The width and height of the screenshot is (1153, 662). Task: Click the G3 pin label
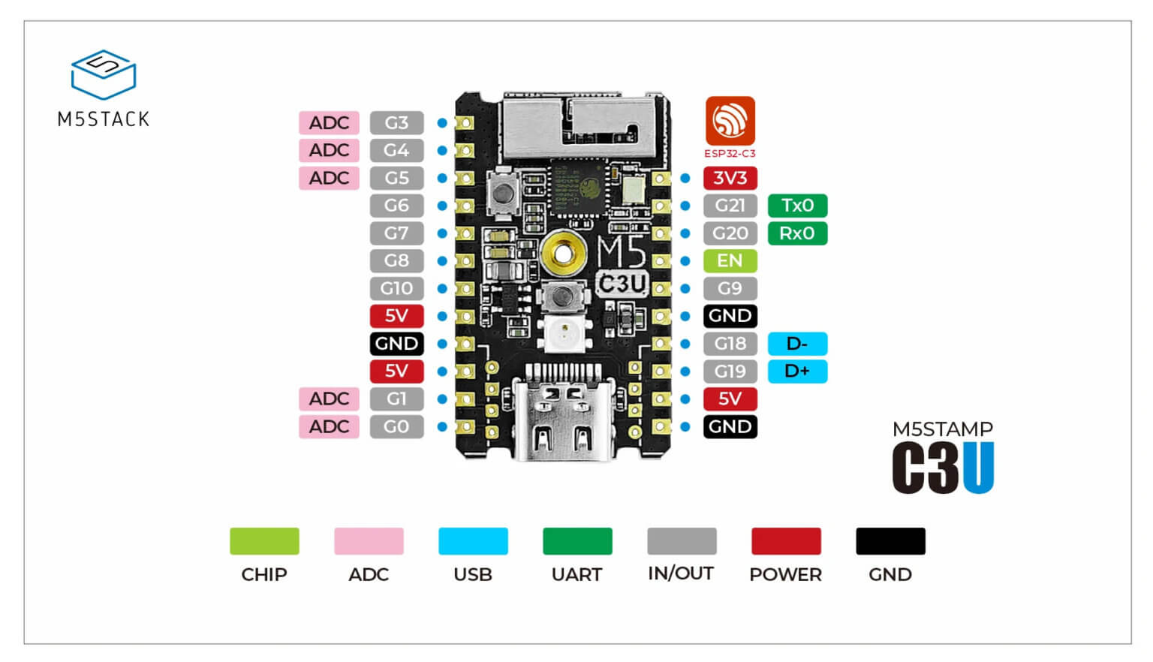[x=396, y=122]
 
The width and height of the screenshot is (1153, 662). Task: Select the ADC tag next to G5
[x=329, y=178]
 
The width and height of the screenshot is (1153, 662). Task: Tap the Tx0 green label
[x=797, y=206]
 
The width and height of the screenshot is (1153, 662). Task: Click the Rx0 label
[x=797, y=233]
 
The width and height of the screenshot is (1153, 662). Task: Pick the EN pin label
[x=730, y=260]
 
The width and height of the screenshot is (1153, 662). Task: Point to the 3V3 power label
[x=730, y=178]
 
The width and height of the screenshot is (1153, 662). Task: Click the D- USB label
[x=797, y=344]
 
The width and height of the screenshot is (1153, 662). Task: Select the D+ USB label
[x=797, y=371]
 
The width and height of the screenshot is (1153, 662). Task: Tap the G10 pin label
[x=396, y=288]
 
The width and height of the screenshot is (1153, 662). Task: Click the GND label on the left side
[x=396, y=344]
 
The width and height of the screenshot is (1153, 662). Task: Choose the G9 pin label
[x=730, y=288]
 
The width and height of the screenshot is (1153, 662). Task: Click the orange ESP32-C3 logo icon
[x=730, y=120]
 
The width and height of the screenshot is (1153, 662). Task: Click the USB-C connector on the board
[x=563, y=417]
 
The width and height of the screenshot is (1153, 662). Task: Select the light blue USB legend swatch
[x=473, y=541]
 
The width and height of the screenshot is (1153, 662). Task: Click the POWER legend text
[x=785, y=574]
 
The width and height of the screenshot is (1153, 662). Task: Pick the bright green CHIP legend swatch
[x=264, y=541]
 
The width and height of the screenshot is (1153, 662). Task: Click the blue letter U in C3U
[x=978, y=468]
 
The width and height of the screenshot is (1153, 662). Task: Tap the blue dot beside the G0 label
[x=442, y=426]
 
